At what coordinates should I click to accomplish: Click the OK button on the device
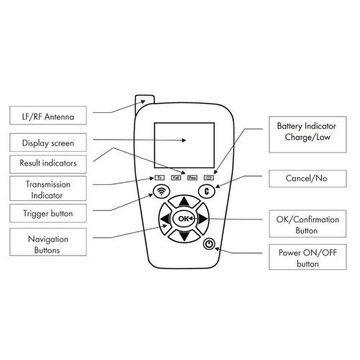[x=183, y=217]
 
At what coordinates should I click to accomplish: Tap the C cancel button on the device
[x=206, y=192]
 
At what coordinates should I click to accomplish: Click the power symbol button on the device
[x=209, y=244]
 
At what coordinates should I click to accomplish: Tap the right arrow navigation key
[x=202, y=218]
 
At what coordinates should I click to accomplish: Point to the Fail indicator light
[x=175, y=176]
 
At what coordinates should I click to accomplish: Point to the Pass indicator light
[x=192, y=176]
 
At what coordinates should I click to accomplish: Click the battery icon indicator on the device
[x=209, y=176]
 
